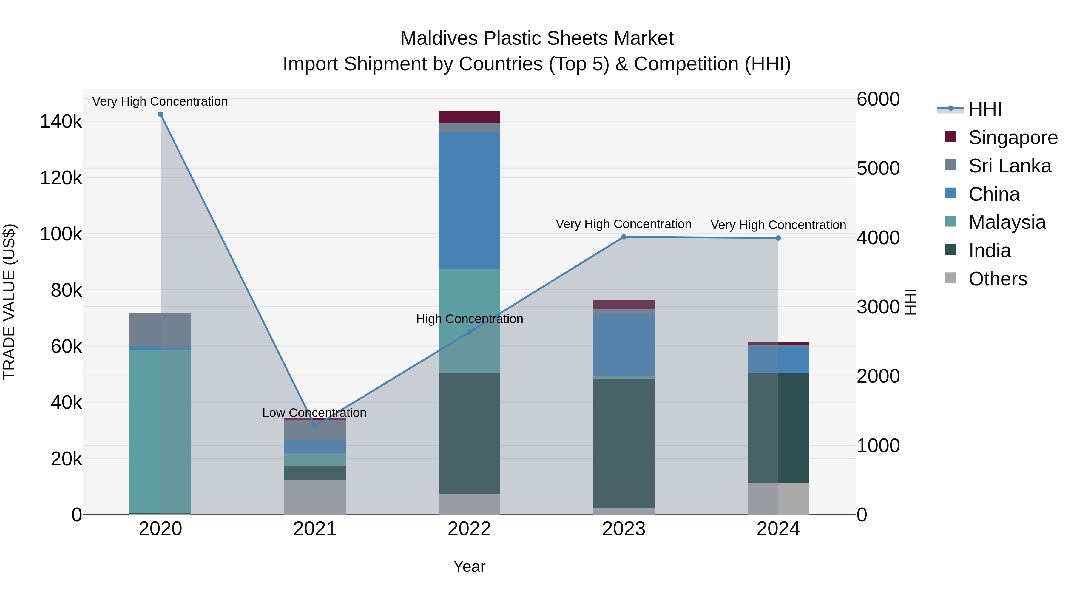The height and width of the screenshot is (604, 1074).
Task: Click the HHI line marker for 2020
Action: click(x=161, y=114)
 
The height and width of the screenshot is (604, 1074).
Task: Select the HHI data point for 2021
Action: click(x=315, y=426)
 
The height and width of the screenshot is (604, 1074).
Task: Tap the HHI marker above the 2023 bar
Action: click(x=624, y=237)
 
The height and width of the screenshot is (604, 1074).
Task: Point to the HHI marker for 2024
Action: click(x=778, y=238)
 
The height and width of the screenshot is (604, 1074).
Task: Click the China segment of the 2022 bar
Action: click(x=469, y=200)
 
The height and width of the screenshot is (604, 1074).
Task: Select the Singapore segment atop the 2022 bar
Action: click(x=469, y=116)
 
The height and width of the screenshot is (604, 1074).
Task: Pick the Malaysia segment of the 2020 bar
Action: click(x=161, y=429)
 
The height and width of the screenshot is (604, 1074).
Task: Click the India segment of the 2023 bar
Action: click(x=624, y=442)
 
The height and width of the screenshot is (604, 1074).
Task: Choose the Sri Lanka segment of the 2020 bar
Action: click(x=161, y=329)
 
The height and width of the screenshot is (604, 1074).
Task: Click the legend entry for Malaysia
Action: click(x=1007, y=222)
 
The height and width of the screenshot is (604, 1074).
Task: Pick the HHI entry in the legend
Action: click(x=985, y=109)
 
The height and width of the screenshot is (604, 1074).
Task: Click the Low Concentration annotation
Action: click(x=314, y=413)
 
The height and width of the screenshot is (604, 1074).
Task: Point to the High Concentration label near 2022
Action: click(x=470, y=319)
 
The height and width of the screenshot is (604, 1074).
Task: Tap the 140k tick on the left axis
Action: click(x=61, y=122)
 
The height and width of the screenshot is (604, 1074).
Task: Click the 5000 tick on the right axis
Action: click(x=878, y=169)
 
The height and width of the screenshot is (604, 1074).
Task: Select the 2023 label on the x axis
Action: click(x=624, y=529)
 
